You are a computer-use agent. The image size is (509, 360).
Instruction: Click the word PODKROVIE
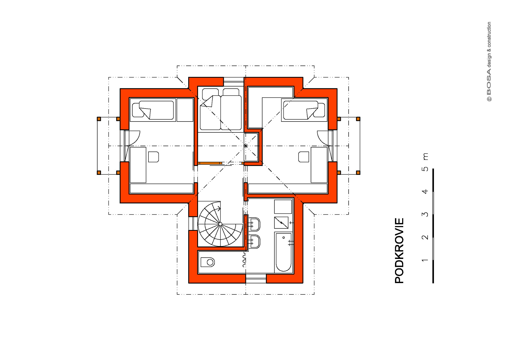tap(399, 251)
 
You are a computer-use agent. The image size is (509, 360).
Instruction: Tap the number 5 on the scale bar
tap(425, 169)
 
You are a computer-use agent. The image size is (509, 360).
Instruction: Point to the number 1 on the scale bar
tap(425, 260)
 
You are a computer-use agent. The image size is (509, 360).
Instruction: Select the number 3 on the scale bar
tap(425, 214)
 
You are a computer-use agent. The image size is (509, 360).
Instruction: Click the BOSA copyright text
tap(489, 62)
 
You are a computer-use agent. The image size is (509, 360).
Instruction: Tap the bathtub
tap(284, 252)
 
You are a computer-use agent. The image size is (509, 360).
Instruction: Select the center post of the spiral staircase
tap(220, 224)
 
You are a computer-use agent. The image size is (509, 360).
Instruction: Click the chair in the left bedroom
tap(153, 157)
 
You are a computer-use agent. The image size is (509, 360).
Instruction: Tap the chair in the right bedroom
tap(304, 157)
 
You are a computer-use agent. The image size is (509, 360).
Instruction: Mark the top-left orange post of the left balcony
tap(99, 119)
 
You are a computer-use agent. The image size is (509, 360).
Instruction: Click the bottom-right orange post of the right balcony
tap(358, 173)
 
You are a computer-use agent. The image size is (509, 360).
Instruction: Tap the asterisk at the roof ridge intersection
tap(246, 146)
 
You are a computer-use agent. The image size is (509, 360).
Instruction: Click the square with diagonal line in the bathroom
tap(281, 223)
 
